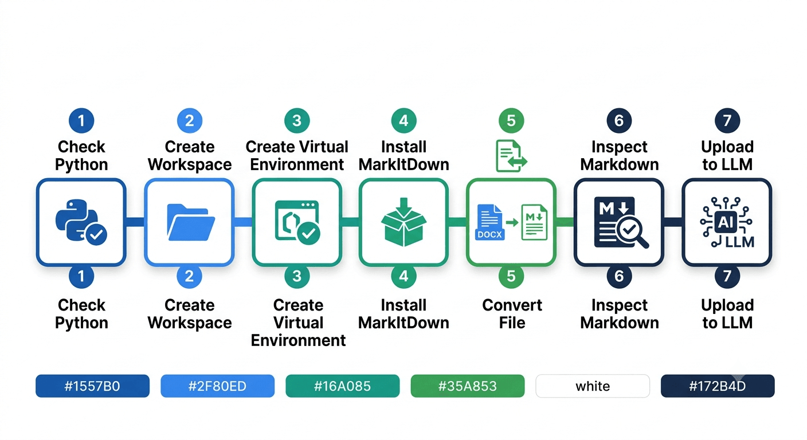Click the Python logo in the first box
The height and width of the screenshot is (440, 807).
pyautogui.click(x=77, y=219)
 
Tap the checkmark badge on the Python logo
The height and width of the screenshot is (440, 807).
pyautogui.click(x=96, y=235)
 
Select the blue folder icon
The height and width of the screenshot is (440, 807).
pyautogui.click(x=191, y=222)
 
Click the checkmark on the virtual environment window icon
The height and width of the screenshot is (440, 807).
pyautogui.click(x=309, y=233)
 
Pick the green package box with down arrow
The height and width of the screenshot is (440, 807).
pyautogui.click(x=403, y=222)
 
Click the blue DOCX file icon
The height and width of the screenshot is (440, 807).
pyautogui.click(x=490, y=222)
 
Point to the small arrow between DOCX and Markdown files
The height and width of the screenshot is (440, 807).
pyautogui.click(x=512, y=222)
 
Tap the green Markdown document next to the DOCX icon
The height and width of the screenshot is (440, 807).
pyautogui.click(x=535, y=222)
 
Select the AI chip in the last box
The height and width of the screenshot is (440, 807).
pyautogui.click(x=726, y=222)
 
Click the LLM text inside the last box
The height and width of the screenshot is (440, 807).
pyautogui.click(x=739, y=242)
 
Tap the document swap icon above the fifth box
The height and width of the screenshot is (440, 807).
pyautogui.click(x=511, y=156)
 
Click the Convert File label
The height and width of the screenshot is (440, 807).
pyautogui.click(x=512, y=313)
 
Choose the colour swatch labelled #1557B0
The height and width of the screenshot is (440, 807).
pyautogui.click(x=93, y=386)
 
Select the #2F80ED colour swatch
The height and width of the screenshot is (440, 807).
pyautogui.click(x=218, y=386)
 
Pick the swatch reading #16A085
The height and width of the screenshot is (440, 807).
pyautogui.click(x=343, y=386)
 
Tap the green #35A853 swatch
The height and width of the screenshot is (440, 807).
pyautogui.click(x=468, y=386)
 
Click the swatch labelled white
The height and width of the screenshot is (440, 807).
pyautogui.click(x=593, y=386)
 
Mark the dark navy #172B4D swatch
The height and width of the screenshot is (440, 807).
pyautogui.click(x=718, y=386)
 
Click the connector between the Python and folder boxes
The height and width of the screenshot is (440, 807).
pyautogui.click(x=135, y=222)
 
